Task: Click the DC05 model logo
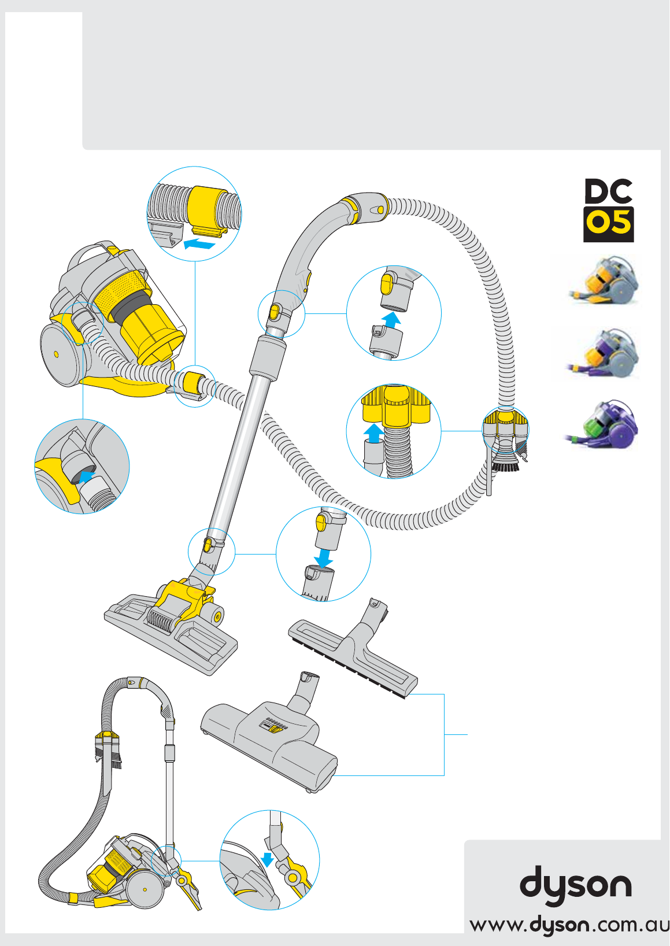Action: tap(608, 210)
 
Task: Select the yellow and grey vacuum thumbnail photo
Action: tap(604, 280)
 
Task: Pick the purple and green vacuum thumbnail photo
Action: tap(601, 425)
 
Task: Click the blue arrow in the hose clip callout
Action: tap(199, 243)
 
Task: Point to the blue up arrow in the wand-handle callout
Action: tap(393, 320)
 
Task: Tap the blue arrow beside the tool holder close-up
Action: tap(373, 433)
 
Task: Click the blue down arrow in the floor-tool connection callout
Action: tap(324, 557)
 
